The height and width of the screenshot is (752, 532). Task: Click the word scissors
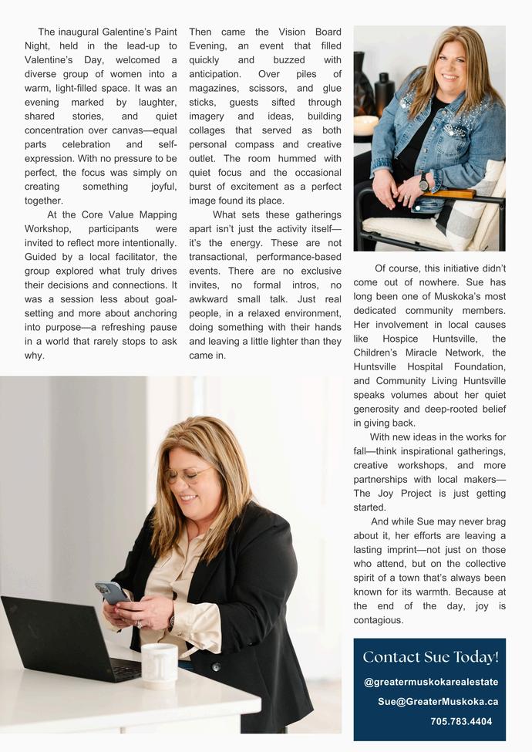point(267,88)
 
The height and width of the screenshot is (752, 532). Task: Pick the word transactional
point(217,256)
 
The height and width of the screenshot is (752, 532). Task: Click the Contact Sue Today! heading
point(430,657)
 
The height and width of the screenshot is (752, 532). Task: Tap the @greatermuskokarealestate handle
point(431,682)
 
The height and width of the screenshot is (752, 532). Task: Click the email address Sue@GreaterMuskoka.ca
point(438,702)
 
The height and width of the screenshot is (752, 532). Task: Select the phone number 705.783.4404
point(460,722)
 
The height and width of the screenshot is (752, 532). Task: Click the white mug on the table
point(160,664)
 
